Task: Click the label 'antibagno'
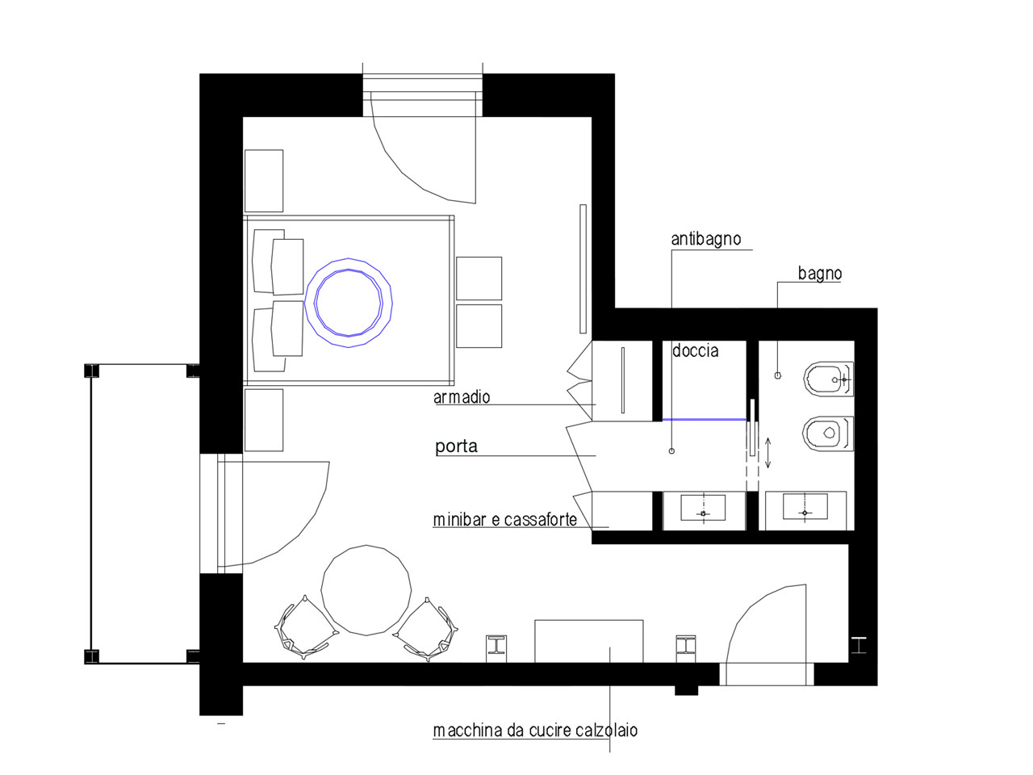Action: pyautogui.click(x=705, y=239)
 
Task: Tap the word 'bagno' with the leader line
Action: pyautogui.click(x=820, y=274)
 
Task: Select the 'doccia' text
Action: pyautogui.click(x=695, y=350)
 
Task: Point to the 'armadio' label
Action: pyautogui.click(x=462, y=397)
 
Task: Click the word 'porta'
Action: pyautogui.click(x=456, y=446)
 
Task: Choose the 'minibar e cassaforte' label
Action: pyautogui.click(x=505, y=519)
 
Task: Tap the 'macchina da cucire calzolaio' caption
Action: pyautogui.click(x=535, y=730)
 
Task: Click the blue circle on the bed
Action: pyautogui.click(x=349, y=258)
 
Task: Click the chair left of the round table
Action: pyautogui.click(x=305, y=627)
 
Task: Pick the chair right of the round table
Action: pyautogui.click(x=426, y=630)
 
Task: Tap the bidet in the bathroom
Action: pyautogui.click(x=828, y=379)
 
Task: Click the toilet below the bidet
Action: pyautogui.click(x=828, y=434)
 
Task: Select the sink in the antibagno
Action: pyautogui.click(x=704, y=507)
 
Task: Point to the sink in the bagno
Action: pyautogui.click(x=805, y=506)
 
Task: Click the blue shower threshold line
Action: pyautogui.click(x=705, y=419)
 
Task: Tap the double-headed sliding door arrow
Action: pyautogui.click(x=768, y=453)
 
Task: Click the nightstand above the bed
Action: pyautogui.click(x=264, y=181)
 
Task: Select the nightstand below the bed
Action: pyautogui.click(x=264, y=421)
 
